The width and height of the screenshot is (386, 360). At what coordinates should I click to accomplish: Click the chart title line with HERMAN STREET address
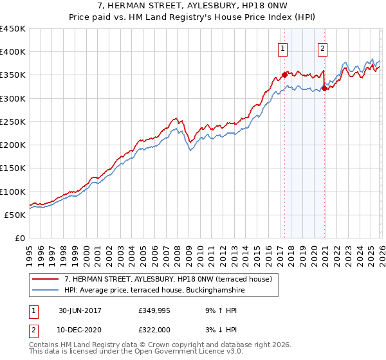click(193, 6)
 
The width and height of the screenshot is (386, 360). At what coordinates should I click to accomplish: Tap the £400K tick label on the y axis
click(13, 52)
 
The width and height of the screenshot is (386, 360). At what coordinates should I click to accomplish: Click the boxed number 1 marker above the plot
click(283, 47)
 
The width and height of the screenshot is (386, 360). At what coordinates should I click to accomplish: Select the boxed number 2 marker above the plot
click(322, 47)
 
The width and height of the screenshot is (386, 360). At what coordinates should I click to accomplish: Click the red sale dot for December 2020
click(324, 88)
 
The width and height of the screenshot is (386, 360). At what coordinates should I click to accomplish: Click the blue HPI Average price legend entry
click(154, 291)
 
